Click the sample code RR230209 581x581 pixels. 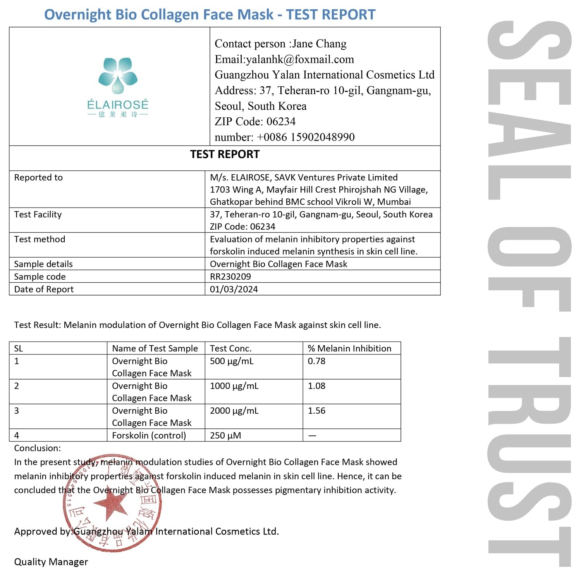point(230,277)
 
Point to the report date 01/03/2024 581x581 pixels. point(234,289)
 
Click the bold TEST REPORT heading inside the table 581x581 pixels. point(225,154)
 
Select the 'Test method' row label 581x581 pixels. point(40,239)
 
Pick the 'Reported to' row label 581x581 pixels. point(38,177)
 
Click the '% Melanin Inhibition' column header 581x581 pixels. point(349,348)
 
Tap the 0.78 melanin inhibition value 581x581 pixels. point(316,361)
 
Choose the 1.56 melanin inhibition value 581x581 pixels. point(316,411)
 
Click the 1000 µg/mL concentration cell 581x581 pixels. point(234,386)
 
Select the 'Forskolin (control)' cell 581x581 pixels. point(149,435)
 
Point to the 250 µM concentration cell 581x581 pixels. point(225,435)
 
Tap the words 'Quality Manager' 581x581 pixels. point(51,562)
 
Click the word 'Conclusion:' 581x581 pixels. point(37,448)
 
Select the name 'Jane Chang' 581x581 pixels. point(319,44)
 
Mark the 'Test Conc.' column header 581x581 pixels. point(230,348)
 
